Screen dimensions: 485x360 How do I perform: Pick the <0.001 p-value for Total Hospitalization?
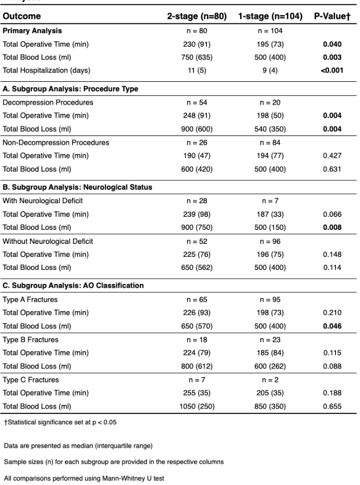point(330,70)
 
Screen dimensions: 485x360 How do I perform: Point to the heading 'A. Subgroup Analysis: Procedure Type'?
point(70,89)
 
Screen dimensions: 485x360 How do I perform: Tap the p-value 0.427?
point(330,156)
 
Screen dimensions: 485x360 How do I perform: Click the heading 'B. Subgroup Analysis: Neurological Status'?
point(78,187)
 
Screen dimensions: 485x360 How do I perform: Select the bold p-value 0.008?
point(330,227)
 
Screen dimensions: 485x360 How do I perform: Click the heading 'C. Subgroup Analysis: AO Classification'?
point(74,286)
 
